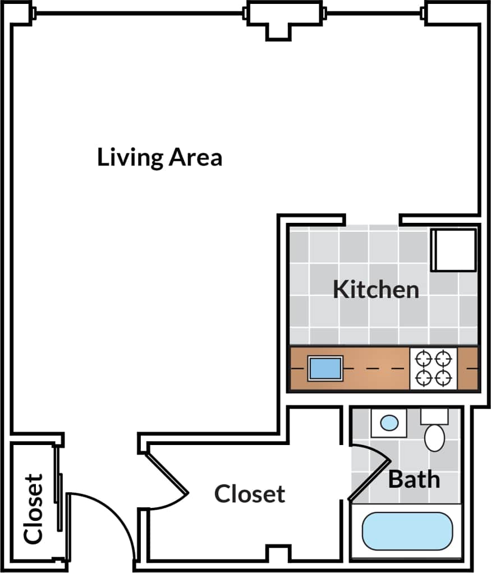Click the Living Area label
point(159,157)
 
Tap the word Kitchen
point(375,290)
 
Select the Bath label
point(414,479)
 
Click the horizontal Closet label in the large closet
point(250,494)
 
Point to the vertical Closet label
point(34,508)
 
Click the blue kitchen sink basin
point(325,368)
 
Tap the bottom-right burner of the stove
point(444,378)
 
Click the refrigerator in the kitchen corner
point(453,249)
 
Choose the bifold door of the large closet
point(167,474)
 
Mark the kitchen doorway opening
point(372,219)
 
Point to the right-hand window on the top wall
point(374,12)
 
